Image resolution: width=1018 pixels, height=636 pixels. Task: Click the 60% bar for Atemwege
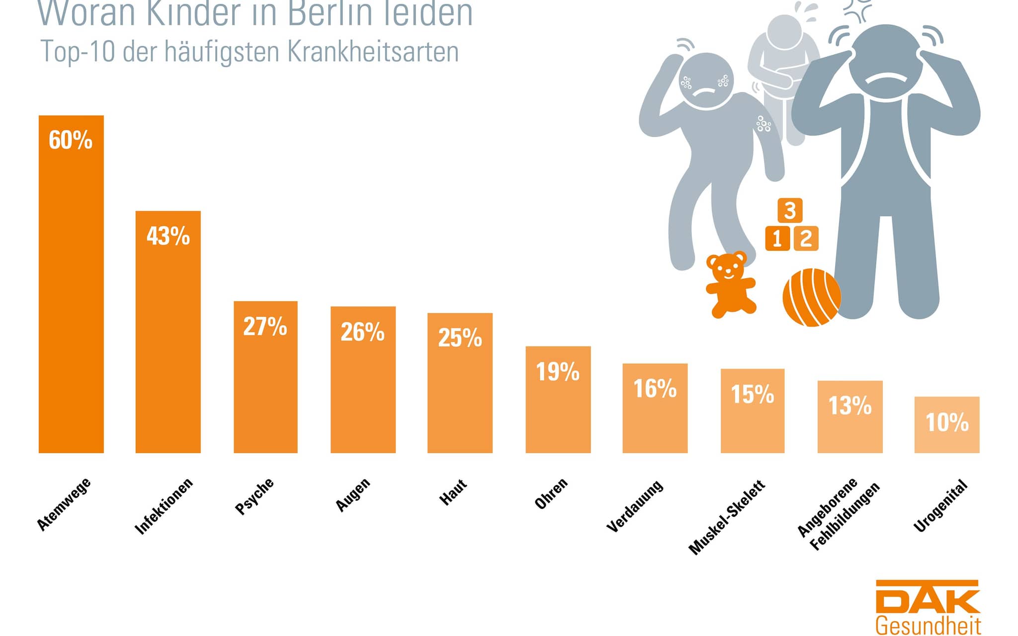pyautogui.click(x=71, y=298)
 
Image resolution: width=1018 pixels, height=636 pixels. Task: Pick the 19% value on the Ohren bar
pyautogui.click(x=558, y=372)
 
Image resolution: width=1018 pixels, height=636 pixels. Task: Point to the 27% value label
pyautogui.click(x=265, y=326)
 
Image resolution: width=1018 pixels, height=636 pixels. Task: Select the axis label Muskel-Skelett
pyautogui.click(x=727, y=517)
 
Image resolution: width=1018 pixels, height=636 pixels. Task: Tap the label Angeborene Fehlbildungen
pyautogui.click(x=838, y=514)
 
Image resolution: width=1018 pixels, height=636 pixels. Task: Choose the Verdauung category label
pyautogui.click(x=635, y=506)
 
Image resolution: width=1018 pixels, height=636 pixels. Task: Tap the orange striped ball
pyautogui.click(x=811, y=297)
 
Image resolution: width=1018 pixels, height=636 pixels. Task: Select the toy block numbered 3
pyautogui.click(x=790, y=210)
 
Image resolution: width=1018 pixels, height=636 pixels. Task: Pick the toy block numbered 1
pyautogui.click(x=777, y=238)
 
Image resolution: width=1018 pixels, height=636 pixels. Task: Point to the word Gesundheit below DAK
pyautogui.click(x=928, y=625)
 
